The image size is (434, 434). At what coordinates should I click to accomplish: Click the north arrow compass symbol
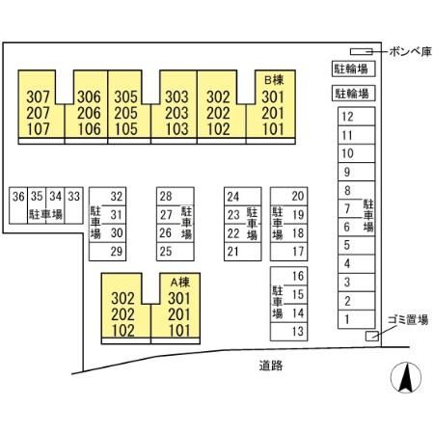(x=406, y=378)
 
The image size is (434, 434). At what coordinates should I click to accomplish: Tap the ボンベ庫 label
(x=410, y=51)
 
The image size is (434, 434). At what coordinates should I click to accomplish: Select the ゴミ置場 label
(x=408, y=320)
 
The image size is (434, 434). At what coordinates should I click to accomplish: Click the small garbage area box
(x=372, y=336)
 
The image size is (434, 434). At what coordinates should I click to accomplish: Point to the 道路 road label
(x=271, y=366)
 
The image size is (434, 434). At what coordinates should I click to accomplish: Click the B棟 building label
(x=274, y=80)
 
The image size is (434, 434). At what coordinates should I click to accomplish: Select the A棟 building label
(x=180, y=283)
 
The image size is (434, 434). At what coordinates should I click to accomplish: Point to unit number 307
(x=39, y=96)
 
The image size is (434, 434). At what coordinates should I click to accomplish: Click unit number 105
(x=126, y=129)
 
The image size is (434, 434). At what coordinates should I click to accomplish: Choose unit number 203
(x=176, y=113)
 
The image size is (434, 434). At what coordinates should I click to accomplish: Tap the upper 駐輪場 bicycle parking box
(x=354, y=68)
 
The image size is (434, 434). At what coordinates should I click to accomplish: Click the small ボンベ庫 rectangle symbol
(x=362, y=51)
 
